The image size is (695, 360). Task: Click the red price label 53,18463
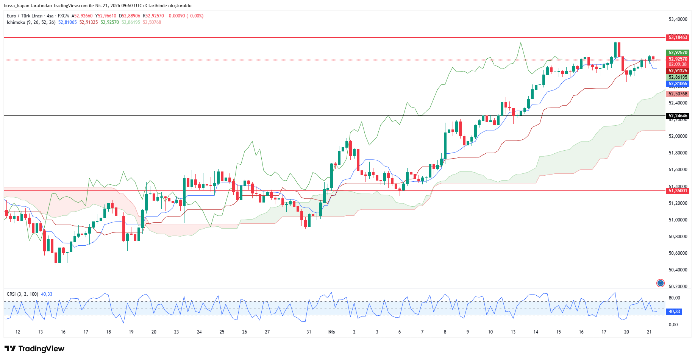pos(678,37)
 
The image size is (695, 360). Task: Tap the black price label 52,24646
pos(678,116)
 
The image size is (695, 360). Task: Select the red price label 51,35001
pos(678,191)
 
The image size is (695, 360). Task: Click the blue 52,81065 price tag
pos(678,84)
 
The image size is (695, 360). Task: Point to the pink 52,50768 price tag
pos(678,94)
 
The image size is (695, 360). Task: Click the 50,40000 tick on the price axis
pos(678,270)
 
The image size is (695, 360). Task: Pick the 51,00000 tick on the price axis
pos(678,220)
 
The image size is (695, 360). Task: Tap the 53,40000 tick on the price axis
pos(678,19)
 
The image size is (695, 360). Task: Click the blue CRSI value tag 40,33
pos(674,312)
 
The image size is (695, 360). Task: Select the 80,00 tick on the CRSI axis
pos(674,298)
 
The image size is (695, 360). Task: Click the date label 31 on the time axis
pos(309,332)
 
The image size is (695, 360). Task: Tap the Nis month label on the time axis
pos(331,332)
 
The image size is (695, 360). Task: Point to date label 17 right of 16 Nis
pos(604,332)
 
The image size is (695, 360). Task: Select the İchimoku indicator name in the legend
pos(16,22)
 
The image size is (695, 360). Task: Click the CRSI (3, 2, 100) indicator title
pos(22,294)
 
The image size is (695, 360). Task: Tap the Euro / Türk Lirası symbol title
pos(25,16)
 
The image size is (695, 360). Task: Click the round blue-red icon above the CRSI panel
pos(661,283)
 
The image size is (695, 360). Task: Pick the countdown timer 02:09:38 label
pos(678,64)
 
